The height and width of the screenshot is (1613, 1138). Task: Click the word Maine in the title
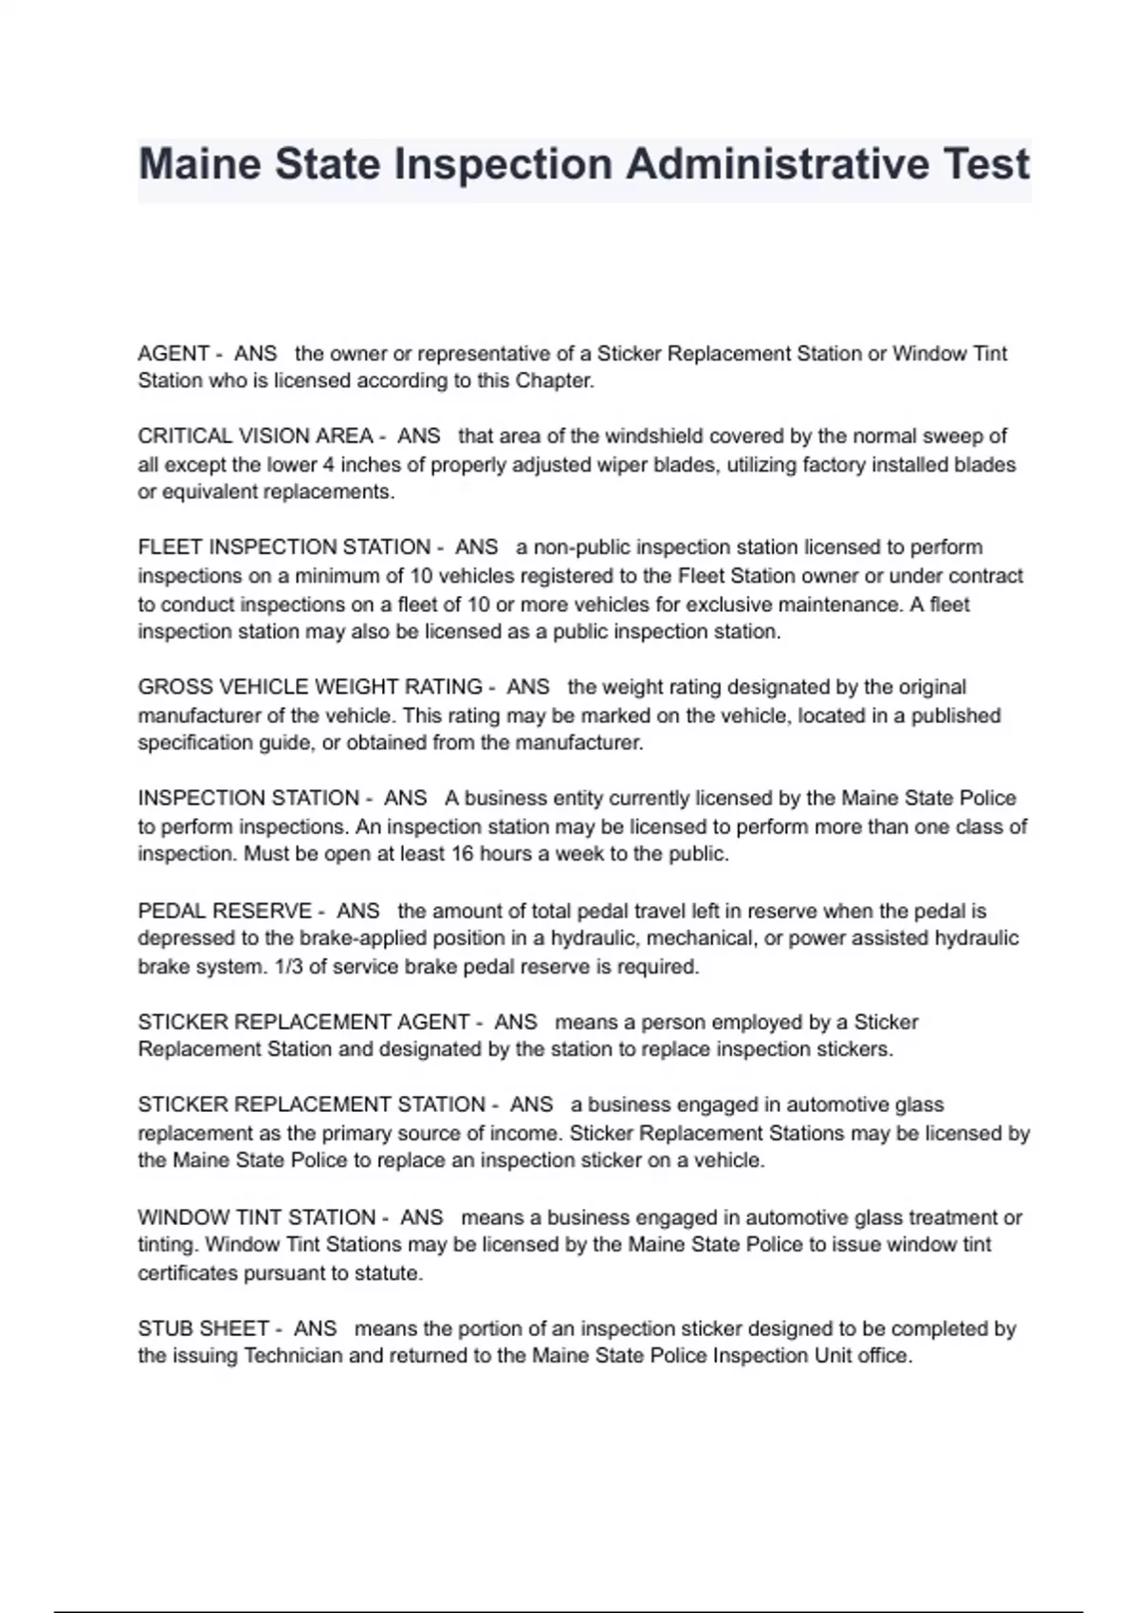200,164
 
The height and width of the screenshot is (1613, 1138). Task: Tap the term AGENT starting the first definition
174,354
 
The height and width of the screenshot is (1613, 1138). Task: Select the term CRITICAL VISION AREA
255,436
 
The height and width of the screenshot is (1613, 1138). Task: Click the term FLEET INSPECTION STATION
284,547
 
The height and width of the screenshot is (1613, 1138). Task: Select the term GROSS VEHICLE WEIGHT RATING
310,687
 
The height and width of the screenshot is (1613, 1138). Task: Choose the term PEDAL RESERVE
225,911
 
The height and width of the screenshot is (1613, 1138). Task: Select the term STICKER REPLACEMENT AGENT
303,1022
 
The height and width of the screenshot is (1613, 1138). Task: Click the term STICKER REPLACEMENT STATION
312,1105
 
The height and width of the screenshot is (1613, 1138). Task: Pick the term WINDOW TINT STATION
257,1217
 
